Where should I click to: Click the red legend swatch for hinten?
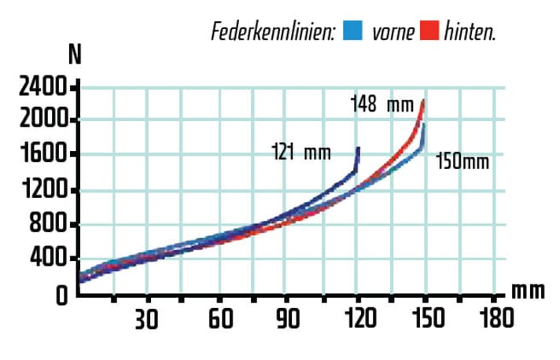[x=429, y=31]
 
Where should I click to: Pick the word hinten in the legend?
[x=470, y=32]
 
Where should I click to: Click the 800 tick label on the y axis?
[x=48, y=225]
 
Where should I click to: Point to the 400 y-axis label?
[x=48, y=259]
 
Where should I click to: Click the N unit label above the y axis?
[x=76, y=54]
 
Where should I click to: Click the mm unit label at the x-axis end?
[x=527, y=291]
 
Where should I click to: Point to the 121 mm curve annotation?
[x=300, y=152]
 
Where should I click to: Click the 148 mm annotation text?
[x=382, y=104]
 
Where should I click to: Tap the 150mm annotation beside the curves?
[x=462, y=162]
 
